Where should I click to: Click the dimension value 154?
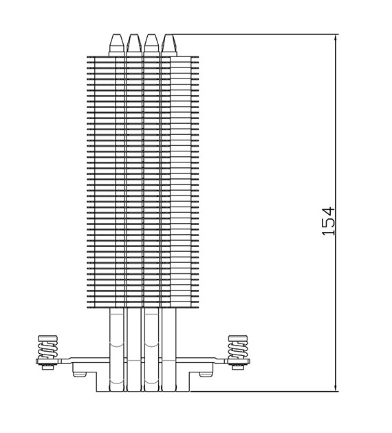click(328, 221)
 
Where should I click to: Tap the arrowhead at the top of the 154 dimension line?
click(336, 39)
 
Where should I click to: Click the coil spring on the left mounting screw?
click(47, 350)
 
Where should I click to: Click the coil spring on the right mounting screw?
click(237, 350)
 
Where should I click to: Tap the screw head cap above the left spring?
click(47, 339)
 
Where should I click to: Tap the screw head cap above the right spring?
click(238, 339)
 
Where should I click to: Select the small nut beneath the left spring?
click(47, 367)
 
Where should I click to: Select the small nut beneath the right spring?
click(238, 367)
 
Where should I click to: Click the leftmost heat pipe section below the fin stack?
click(117, 350)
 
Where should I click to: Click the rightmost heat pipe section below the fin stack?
click(168, 350)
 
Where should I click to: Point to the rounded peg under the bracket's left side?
click(80, 374)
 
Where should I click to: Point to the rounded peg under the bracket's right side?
click(206, 374)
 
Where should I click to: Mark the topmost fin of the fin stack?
click(143, 57)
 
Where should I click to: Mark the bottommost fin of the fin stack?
click(143, 307)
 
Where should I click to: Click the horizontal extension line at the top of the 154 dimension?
click(254, 34)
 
